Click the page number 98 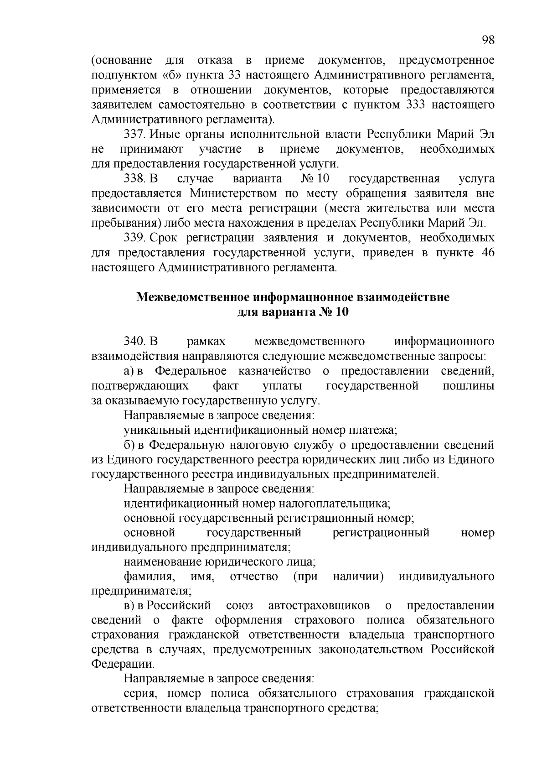[x=487, y=40]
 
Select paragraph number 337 [x=134, y=135]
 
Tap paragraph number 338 [x=134, y=178]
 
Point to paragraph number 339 [x=134, y=238]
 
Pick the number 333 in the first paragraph [x=415, y=105]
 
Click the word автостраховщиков [x=319, y=606]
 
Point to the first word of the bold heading [x=191, y=297]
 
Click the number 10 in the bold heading [x=341, y=312]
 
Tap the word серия [x=140, y=694]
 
